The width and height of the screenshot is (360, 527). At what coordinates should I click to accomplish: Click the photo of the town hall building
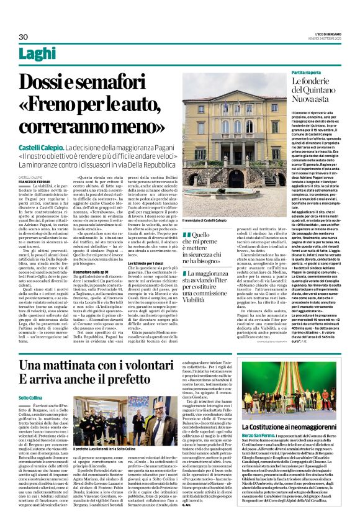coord(234,145)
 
